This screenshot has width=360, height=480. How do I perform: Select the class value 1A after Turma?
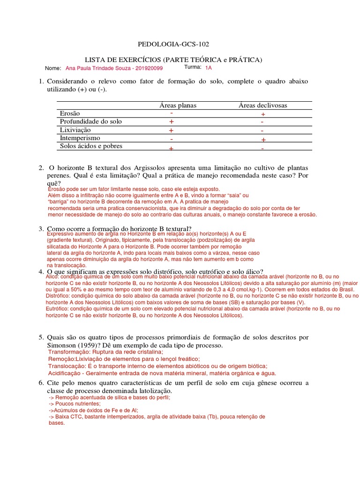click(209, 67)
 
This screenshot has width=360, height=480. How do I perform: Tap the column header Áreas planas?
click(177, 105)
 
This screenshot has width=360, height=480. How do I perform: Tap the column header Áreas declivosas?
click(262, 105)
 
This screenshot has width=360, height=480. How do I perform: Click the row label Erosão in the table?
click(70, 113)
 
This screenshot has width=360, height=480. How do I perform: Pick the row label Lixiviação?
click(75, 130)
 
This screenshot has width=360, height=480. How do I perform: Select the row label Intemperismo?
click(80, 138)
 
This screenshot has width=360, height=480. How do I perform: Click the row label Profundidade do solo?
click(91, 121)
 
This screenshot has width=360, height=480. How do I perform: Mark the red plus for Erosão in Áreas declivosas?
click(263, 114)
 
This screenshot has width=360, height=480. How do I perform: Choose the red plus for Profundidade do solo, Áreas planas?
click(172, 122)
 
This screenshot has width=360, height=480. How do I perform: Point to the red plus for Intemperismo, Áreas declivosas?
click(263, 140)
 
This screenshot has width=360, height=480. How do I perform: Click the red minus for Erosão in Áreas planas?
click(172, 113)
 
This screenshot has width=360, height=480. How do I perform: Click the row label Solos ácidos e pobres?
click(91, 146)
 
